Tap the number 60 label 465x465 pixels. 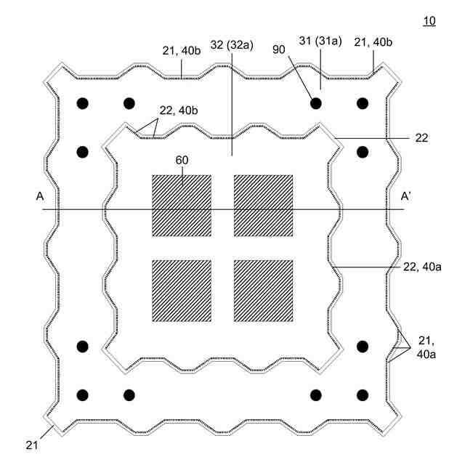180,160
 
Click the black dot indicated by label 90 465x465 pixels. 316,104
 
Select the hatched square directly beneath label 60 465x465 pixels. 181,205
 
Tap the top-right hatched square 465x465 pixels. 263,205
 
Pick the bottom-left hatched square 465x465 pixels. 181,290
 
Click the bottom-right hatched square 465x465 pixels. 263,290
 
